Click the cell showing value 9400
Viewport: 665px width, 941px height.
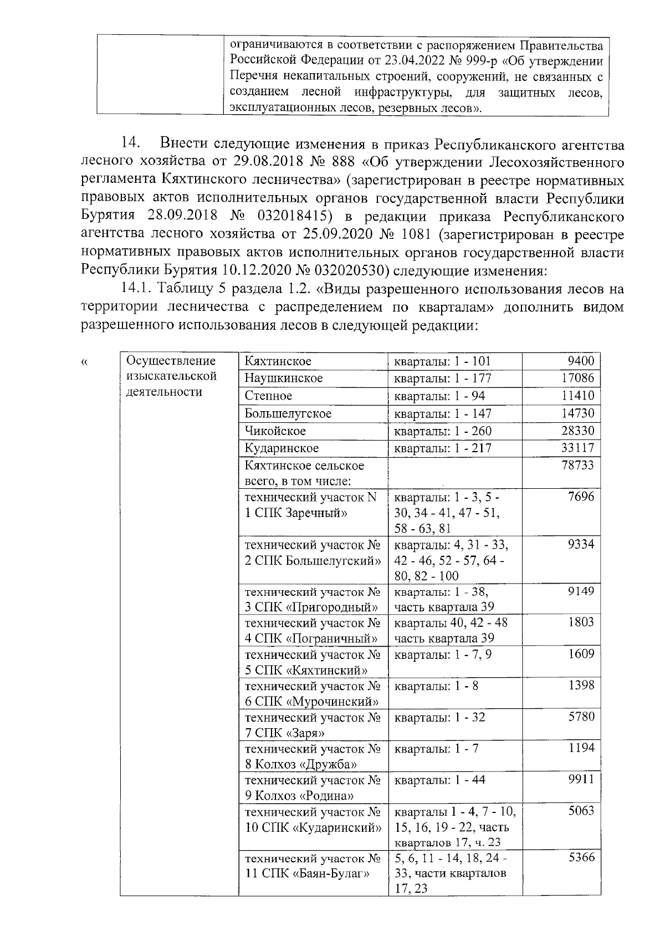pos(580,361)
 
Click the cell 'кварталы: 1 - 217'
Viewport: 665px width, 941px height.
pos(442,448)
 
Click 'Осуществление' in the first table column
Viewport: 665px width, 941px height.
pos(171,361)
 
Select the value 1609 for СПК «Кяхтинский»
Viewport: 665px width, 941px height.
pos(580,654)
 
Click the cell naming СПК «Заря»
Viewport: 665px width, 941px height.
pos(313,725)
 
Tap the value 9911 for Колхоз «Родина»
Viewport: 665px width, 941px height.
pos(580,780)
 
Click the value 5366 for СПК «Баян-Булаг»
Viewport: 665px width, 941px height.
pos(580,857)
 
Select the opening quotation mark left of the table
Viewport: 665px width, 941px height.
pos(84,364)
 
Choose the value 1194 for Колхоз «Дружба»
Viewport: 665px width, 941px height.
pos(580,748)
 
